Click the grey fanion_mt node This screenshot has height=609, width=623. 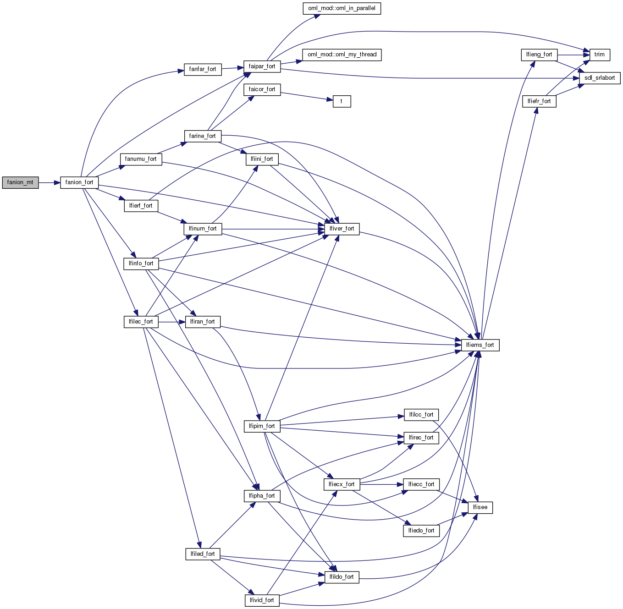click(20, 182)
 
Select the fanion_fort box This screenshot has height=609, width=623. click(79, 182)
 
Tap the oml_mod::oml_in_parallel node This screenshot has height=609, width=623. click(342, 8)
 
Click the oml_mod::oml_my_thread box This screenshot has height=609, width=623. click(342, 55)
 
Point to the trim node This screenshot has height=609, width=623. click(599, 55)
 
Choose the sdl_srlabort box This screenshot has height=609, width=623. click(599, 78)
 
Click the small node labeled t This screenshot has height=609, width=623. click(342, 101)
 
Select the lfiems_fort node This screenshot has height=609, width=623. click(480, 345)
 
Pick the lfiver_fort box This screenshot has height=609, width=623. click(342, 229)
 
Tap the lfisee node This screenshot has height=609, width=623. click(480, 507)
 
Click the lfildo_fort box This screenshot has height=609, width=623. click(342, 577)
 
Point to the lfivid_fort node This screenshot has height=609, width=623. click(262, 600)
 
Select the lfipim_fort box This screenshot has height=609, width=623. click(262, 426)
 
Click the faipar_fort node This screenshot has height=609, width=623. click(262, 66)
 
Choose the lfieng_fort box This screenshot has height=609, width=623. click(539, 55)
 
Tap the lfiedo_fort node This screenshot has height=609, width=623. click(421, 531)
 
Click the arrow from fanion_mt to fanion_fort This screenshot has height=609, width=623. click(50, 182)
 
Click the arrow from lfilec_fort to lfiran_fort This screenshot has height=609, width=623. click(172, 322)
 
